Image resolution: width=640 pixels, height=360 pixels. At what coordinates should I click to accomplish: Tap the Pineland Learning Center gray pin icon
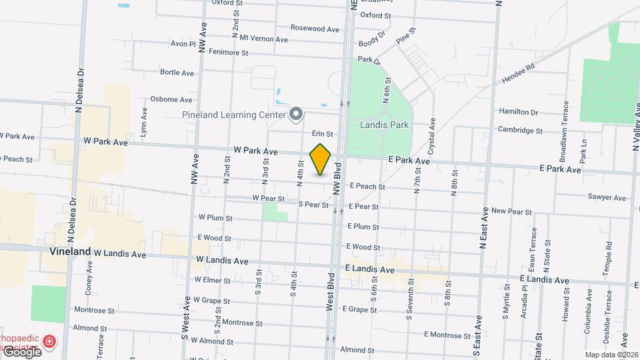(296, 115)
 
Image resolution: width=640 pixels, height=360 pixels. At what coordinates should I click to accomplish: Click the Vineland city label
(70, 252)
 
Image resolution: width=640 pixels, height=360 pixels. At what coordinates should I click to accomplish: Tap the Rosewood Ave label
(315, 29)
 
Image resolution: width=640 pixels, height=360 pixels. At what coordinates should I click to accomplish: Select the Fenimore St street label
(228, 51)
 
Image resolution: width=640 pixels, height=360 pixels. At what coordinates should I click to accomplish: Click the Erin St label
(322, 134)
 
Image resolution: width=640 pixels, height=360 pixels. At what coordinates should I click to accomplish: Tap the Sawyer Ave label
(607, 197)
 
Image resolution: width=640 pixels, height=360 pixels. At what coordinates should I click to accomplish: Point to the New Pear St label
(511, 211)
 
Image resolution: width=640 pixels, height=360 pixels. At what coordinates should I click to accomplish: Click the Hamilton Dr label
(517, 112)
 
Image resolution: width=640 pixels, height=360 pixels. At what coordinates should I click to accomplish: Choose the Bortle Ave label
(177, 72)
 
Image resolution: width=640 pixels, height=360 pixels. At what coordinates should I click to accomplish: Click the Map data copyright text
(611, 355)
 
